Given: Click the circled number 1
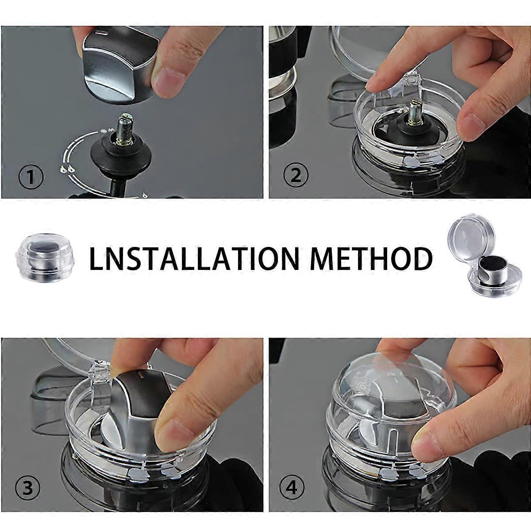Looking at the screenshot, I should coord(31,178).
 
